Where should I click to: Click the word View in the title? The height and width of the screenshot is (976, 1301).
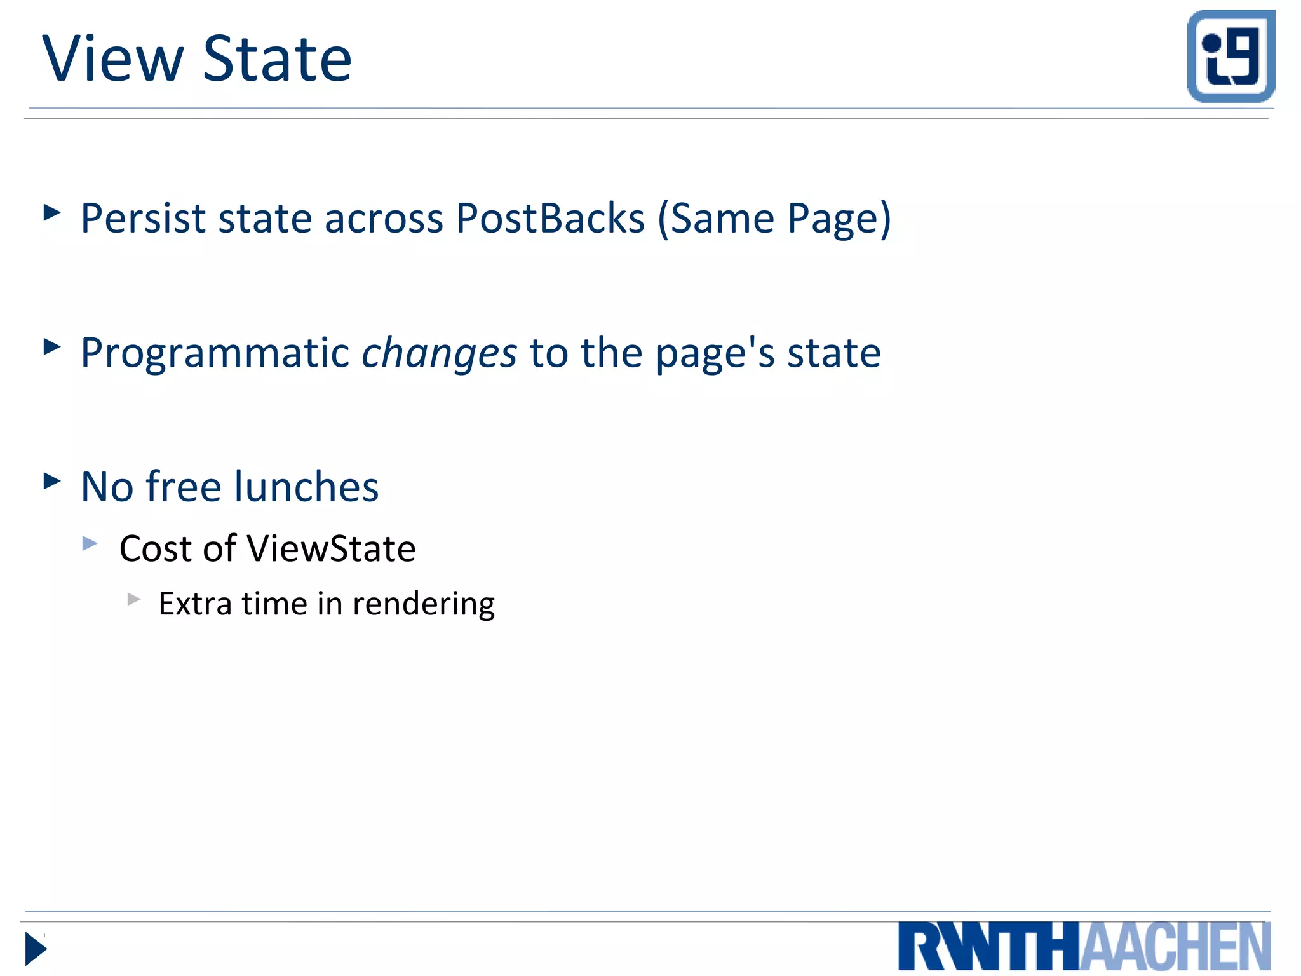tap(112, 59)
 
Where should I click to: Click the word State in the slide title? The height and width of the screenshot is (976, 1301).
tap(278, 59)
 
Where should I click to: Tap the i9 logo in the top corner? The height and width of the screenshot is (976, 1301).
tap(1230, 56)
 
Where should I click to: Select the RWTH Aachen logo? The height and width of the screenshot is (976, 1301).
tap(1084, 946)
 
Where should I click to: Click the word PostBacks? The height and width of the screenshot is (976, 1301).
tap(550, 219)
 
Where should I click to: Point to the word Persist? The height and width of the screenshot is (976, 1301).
tap(143, 219)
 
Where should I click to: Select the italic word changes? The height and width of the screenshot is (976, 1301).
tap(439, 354)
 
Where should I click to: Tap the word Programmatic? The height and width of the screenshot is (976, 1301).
tap(215, 353)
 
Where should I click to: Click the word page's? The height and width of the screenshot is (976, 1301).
tap(715, 354)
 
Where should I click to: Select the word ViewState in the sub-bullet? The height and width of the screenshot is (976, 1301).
tap(331, 549)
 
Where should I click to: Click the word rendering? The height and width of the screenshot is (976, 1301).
tap(424, 604)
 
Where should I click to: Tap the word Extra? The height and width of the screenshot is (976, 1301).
tap(195, 604)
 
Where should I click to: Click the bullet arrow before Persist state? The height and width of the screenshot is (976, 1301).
tap(52, 212)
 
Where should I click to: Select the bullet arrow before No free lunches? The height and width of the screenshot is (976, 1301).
tap(52, 481)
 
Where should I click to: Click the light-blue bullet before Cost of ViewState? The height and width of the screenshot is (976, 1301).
tap(90, 543)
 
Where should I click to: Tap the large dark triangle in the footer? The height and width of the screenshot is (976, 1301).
tap(36, 949)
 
